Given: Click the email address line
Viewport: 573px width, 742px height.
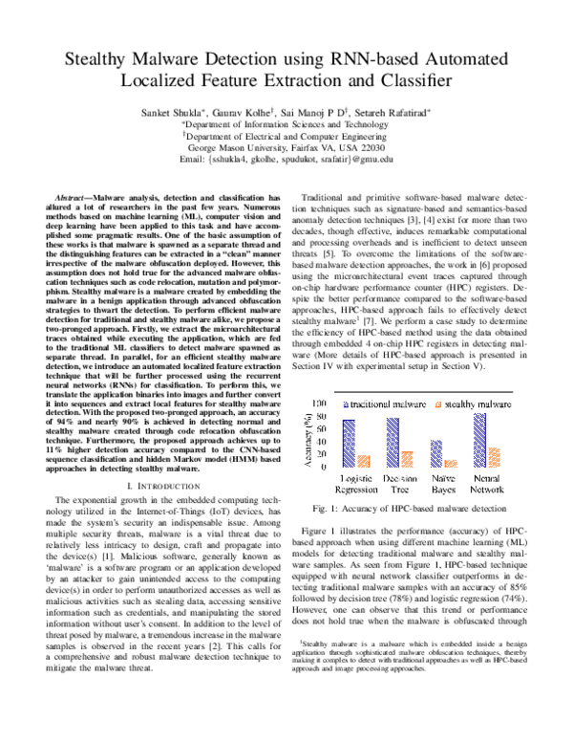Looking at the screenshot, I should point(286,161).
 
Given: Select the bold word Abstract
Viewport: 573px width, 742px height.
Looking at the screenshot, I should point(83,195).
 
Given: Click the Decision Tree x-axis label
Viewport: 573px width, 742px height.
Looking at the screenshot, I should point(398,482).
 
